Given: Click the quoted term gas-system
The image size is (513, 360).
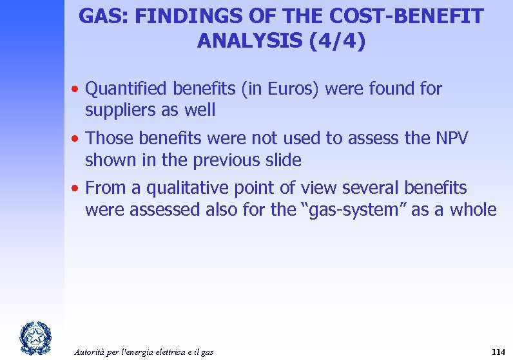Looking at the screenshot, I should click(339, 210).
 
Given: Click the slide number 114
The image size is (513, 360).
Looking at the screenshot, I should click(498, 352).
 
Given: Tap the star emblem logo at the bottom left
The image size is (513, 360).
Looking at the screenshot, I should click(32, 337).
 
